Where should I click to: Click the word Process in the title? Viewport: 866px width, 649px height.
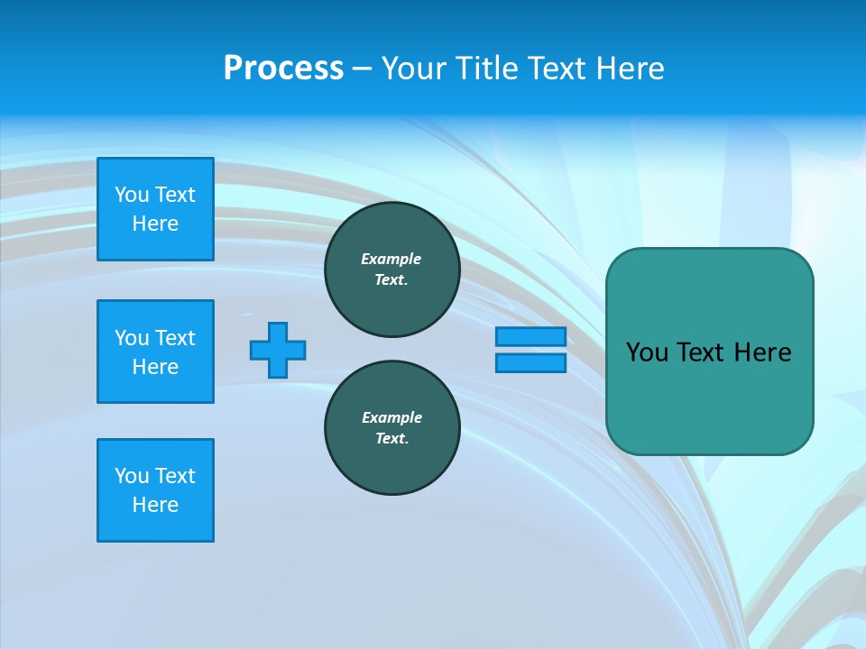click(x=283, y=69)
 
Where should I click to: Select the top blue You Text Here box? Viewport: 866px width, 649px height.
click(x=155, y=209)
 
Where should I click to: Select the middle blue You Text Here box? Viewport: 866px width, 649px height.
click(x=155, y=352)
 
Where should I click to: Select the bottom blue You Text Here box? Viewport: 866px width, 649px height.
click(x=155, y=490)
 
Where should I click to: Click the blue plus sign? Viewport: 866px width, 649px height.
click(x=278, y=350)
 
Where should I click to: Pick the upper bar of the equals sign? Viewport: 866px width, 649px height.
click(x=530, y=336)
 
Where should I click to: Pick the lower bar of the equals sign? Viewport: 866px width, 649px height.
click(x=530, y=362)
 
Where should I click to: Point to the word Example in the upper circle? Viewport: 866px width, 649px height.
click(x=391, y=259)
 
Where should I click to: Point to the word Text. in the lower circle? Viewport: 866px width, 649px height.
click(x=392, y=438)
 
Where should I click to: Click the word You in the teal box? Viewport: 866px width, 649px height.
click(x=647, y=352)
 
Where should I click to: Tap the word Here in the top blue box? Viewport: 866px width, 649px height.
click(x=155, y=224)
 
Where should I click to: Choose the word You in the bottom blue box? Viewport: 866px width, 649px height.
click(x=132, y=476)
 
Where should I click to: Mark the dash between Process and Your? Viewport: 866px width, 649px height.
click(x=362, y=69)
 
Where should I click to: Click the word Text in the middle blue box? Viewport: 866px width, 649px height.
click(x=174, y=338)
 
